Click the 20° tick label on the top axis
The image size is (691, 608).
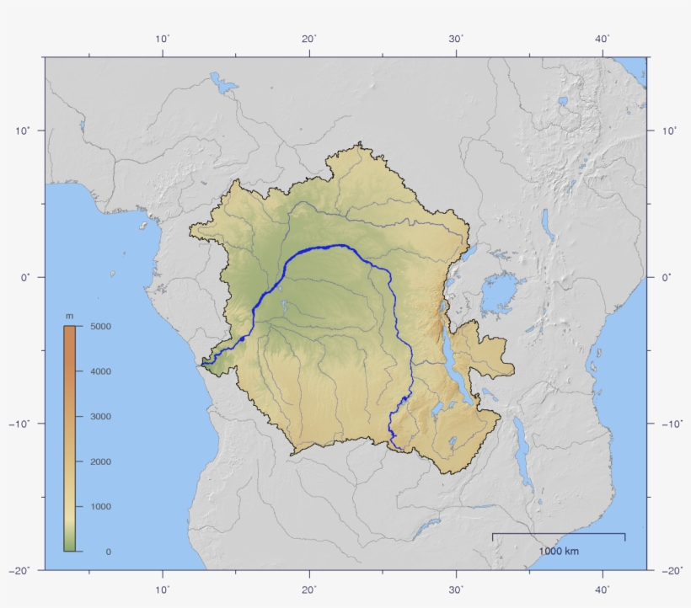click(x=309, y=39)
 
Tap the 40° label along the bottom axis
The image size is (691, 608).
click(x=603, y=589)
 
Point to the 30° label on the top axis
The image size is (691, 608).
click(x=456, y=39)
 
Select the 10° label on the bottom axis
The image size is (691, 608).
click(x=163, y=589)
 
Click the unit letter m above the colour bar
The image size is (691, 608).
click(x=69, y=316)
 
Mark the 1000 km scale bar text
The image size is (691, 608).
click(x=559, y=552)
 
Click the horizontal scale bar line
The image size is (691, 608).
click(x=559, y=534)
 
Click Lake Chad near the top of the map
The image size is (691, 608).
click(x=225, y=83)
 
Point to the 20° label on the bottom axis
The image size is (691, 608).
click(x=309, y=589)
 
